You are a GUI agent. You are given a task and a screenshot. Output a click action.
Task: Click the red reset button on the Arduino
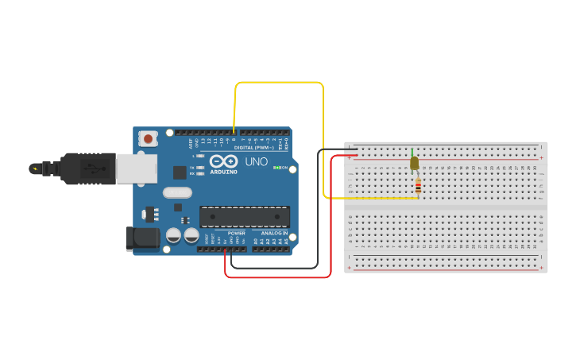tap(148, 139)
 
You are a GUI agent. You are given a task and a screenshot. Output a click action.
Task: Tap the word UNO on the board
tap(256, 161)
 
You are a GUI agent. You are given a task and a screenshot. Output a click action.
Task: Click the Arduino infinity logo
tap(223, 161)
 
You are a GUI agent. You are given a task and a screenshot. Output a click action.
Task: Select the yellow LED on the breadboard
tap(414, 164)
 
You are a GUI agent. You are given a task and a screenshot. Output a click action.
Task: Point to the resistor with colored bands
tap(419, 187)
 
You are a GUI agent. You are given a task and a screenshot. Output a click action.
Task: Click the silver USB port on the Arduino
tap(136, 168)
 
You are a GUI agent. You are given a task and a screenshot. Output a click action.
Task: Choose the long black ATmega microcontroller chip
tap(244, 216)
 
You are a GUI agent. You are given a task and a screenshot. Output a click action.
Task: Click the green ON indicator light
tap(276, 168)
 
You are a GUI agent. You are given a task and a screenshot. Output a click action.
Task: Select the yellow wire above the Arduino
tap(278, 83)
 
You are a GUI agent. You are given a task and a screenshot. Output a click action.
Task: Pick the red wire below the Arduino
tap(278, 277)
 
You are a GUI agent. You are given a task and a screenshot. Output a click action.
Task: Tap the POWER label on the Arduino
tap(236, 234)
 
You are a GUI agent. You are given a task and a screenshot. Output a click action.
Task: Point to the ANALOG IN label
tap(274, 234)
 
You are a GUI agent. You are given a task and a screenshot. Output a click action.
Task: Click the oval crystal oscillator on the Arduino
tap(178, 192)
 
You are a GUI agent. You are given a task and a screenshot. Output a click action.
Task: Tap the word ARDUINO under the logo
tap(223, 172)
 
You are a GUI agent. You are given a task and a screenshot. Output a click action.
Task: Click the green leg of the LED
tap(412, 153)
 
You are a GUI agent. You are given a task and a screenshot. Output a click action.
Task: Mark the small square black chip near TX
tap(180, 172)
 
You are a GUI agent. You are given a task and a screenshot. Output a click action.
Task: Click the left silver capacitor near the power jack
tap(173, 235)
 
